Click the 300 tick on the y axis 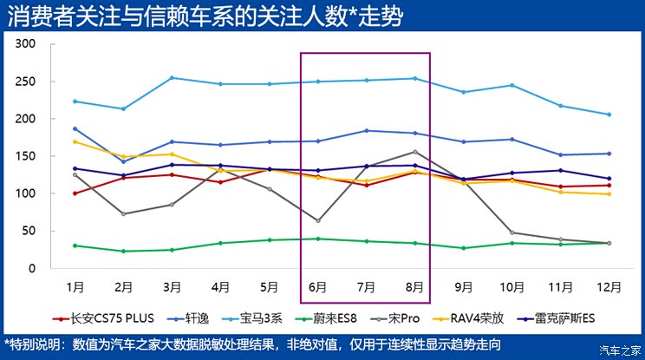(x=26, y=44)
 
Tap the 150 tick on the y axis (x=26, y=156)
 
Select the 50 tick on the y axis (x=29, y=232)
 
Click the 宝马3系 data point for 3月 (x=172, y=78)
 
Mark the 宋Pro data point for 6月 (x=317, y=220)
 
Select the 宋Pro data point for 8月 (x=414, y=152)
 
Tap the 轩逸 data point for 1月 (x=75, y=128)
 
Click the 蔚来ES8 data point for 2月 (x=123, y=251)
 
